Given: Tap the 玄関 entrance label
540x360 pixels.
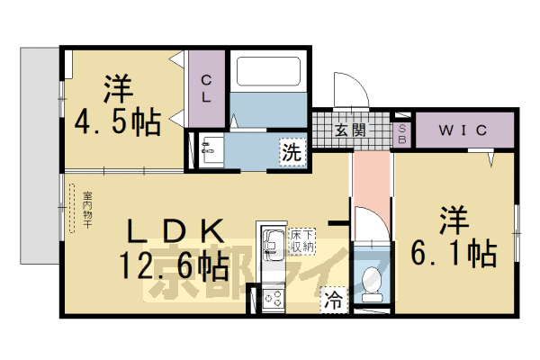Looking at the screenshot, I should [350, 130].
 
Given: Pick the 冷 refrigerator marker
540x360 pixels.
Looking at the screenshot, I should [333, 296].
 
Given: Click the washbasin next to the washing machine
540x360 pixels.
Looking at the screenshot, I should [210, 149].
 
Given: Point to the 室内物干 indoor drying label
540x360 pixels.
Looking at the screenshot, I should [87, 209].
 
